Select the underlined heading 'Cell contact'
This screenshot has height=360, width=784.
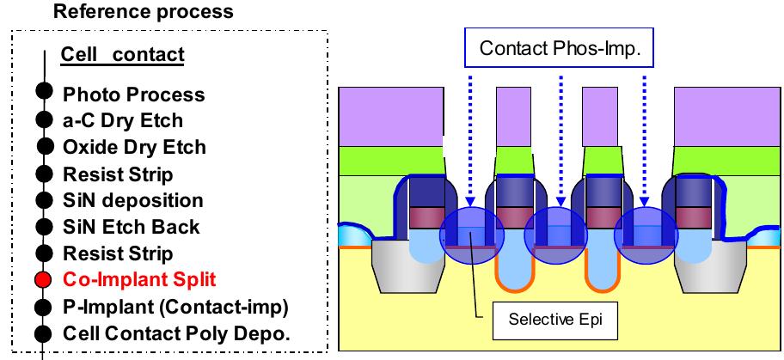pyautogui.click(x=122, y=56)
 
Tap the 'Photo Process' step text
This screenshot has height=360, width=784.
pyautogui.click(x=133, y=94)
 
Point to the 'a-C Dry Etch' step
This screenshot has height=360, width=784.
pyautogui.click(x=123, y=120)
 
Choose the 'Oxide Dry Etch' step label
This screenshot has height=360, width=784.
pyautogui.click(x=134, y=147)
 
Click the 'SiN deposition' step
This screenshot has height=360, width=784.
pyautogui.click(x=132, y=200)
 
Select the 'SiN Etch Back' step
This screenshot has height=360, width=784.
pyautogui.click(x=131, y=227)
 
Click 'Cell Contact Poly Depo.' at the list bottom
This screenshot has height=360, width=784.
pyautogui.click(x=176, y=333)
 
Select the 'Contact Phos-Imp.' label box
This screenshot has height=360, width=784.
pyautogui.click(x=554, y=48)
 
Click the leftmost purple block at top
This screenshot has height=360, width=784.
pyautogui.click(x=391, y=116)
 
